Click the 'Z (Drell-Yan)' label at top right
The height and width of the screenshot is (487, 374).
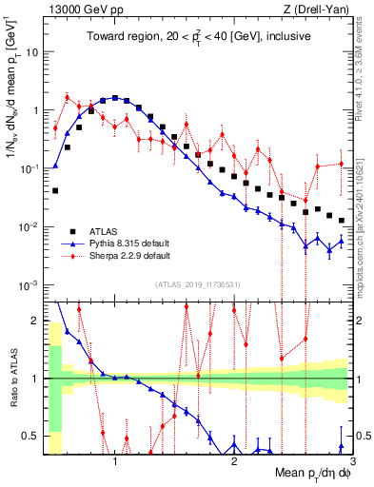321,10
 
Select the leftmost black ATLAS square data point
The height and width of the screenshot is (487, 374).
55,190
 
